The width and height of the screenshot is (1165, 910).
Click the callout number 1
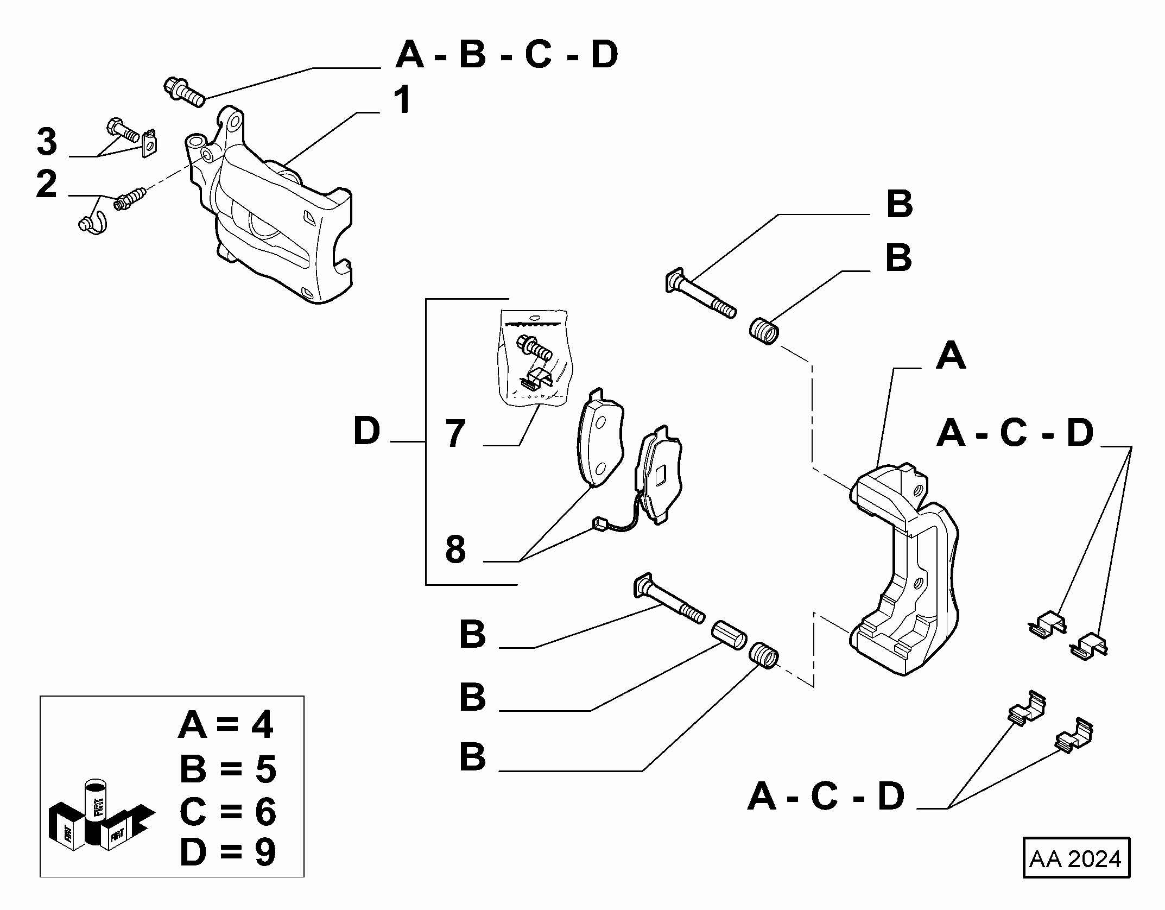click(402, 100)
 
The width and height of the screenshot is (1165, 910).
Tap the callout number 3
click(47, 142)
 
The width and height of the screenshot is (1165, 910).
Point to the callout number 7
click(455, 433)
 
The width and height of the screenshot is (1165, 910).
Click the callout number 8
click(455, 549)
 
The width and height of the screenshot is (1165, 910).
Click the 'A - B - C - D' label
click(507, 54)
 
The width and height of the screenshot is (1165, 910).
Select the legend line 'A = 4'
click(226, 726)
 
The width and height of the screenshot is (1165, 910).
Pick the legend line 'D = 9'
click(227, 852)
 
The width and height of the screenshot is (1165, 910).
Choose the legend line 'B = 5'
click(227, 768)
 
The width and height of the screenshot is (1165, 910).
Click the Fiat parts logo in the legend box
click(100, 823)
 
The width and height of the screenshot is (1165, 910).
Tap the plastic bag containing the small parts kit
click(533, 357)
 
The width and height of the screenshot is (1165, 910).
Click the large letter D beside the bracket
click(368, 431)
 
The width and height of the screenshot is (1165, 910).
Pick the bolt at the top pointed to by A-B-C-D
click(184, 92)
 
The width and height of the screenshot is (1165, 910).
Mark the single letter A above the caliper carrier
click(951, 356)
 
